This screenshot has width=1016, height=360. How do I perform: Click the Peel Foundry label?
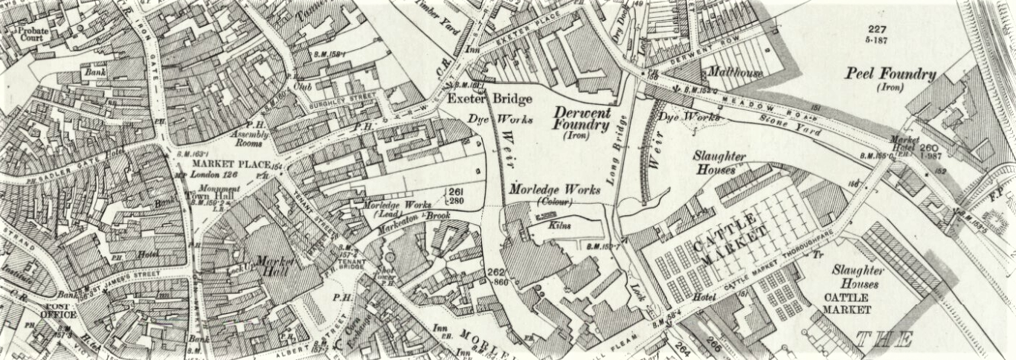coord(890,74)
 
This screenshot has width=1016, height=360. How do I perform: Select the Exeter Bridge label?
coord(479,99)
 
